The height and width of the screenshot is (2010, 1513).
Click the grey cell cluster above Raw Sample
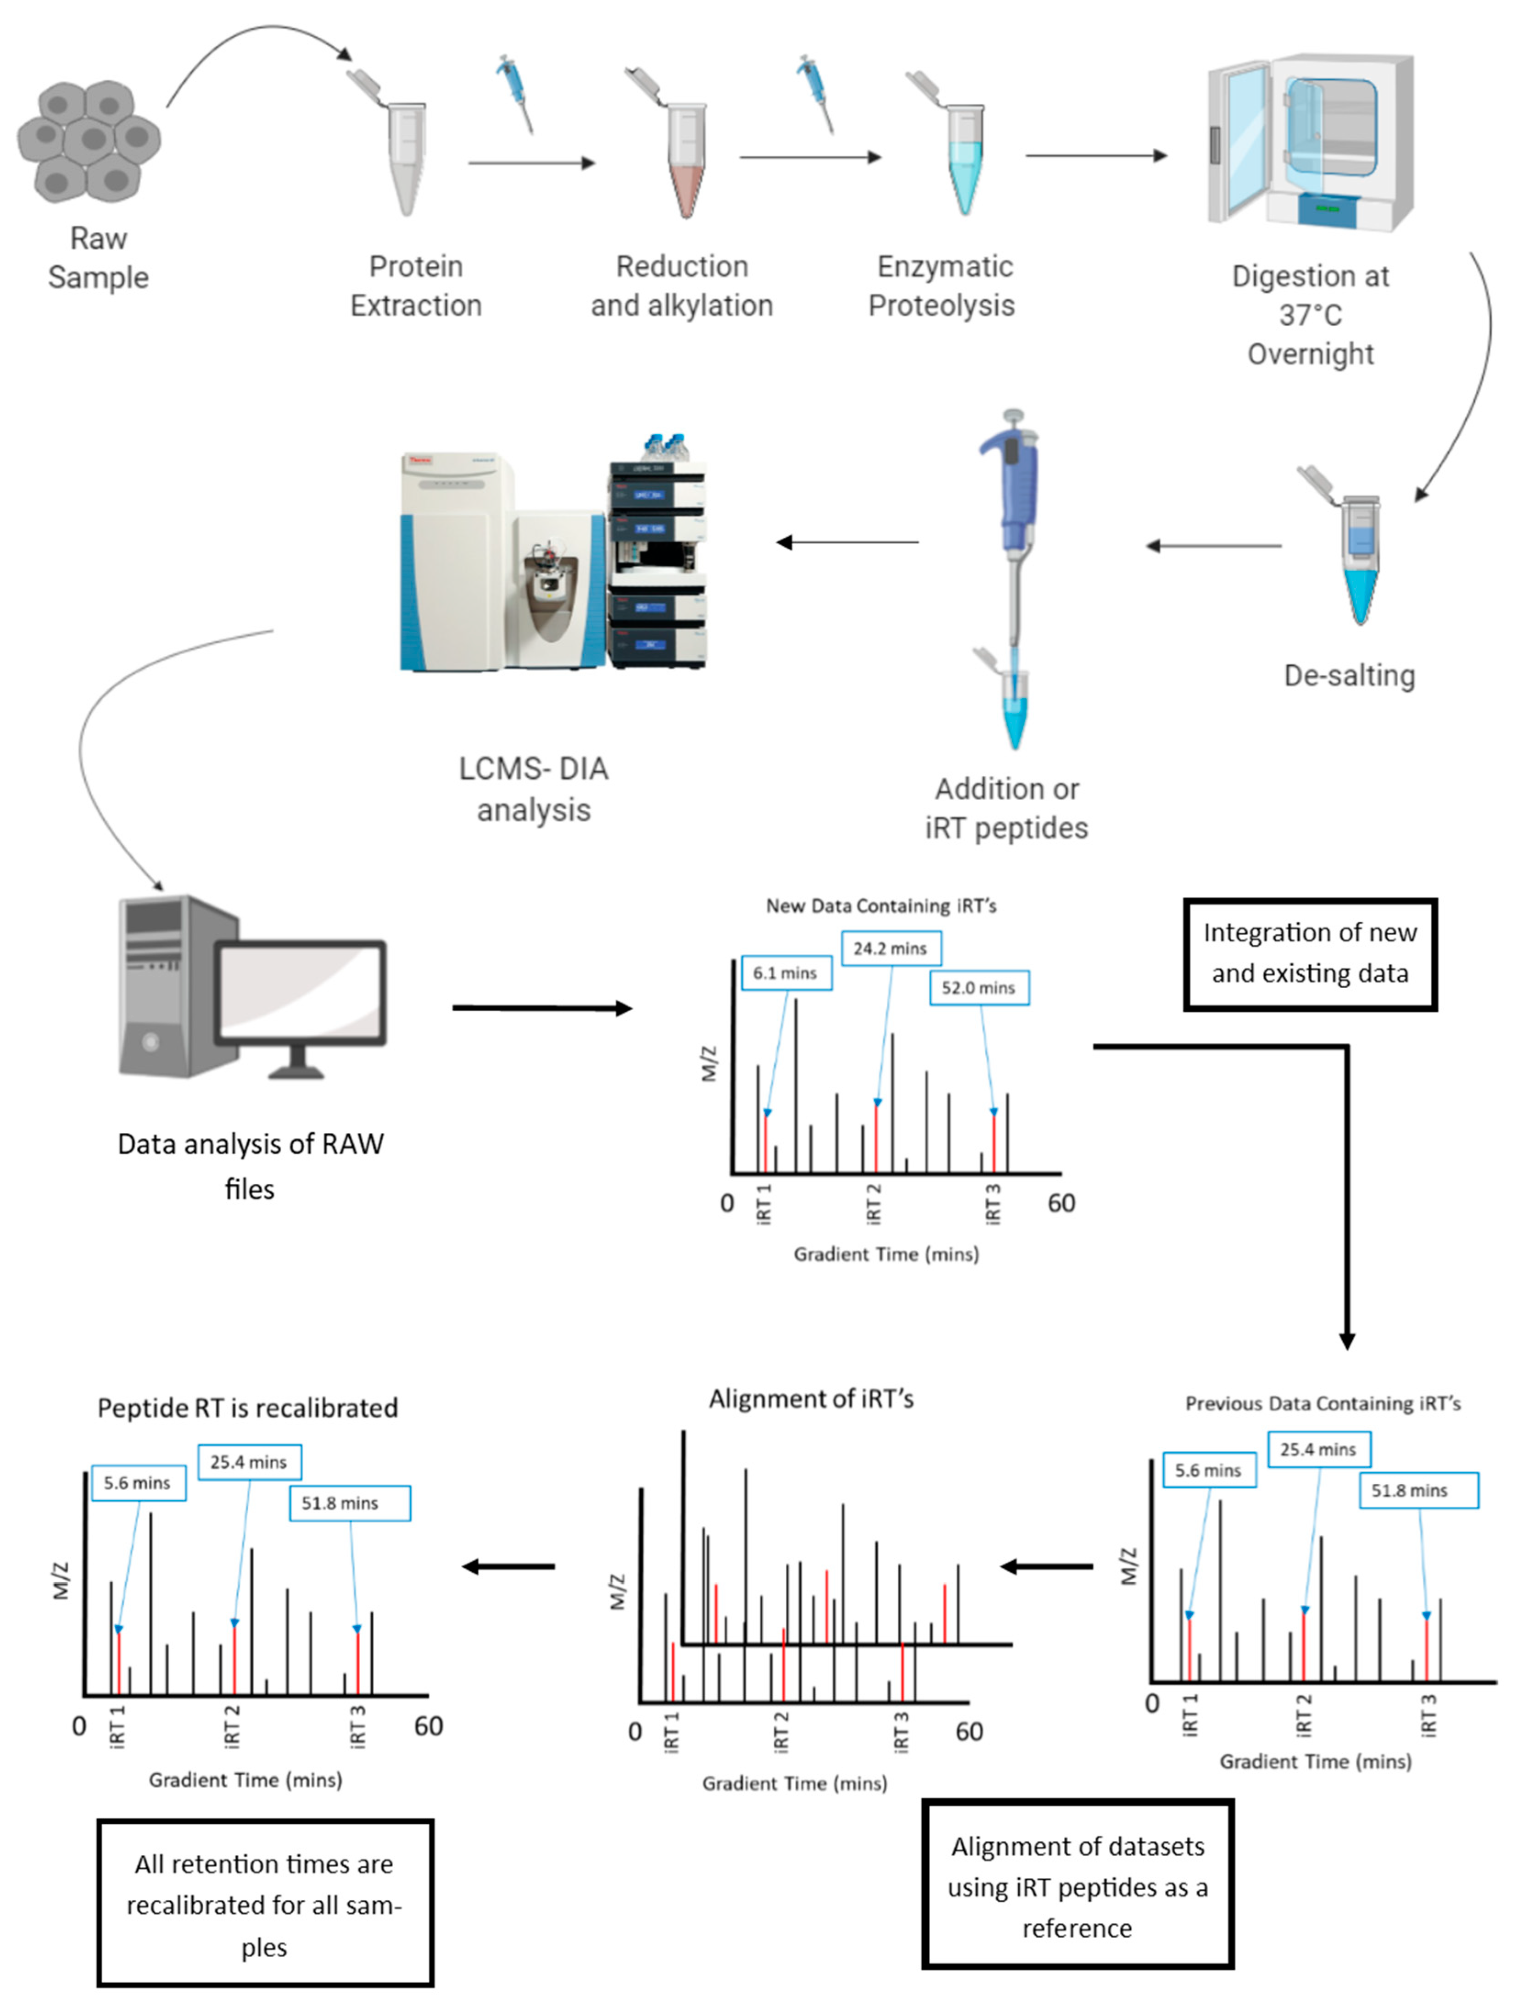click(88, 141)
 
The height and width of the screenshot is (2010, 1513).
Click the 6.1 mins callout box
click(785, 972)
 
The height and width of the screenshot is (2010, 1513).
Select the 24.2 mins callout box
click(890, 948)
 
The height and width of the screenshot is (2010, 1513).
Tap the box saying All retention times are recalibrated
click(264, 1904)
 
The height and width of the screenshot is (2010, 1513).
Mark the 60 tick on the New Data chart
click(1061, 1203)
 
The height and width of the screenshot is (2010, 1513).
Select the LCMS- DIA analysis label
click(533, 789)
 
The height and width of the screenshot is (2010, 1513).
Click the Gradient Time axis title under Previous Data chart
click(1315, 1761)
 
